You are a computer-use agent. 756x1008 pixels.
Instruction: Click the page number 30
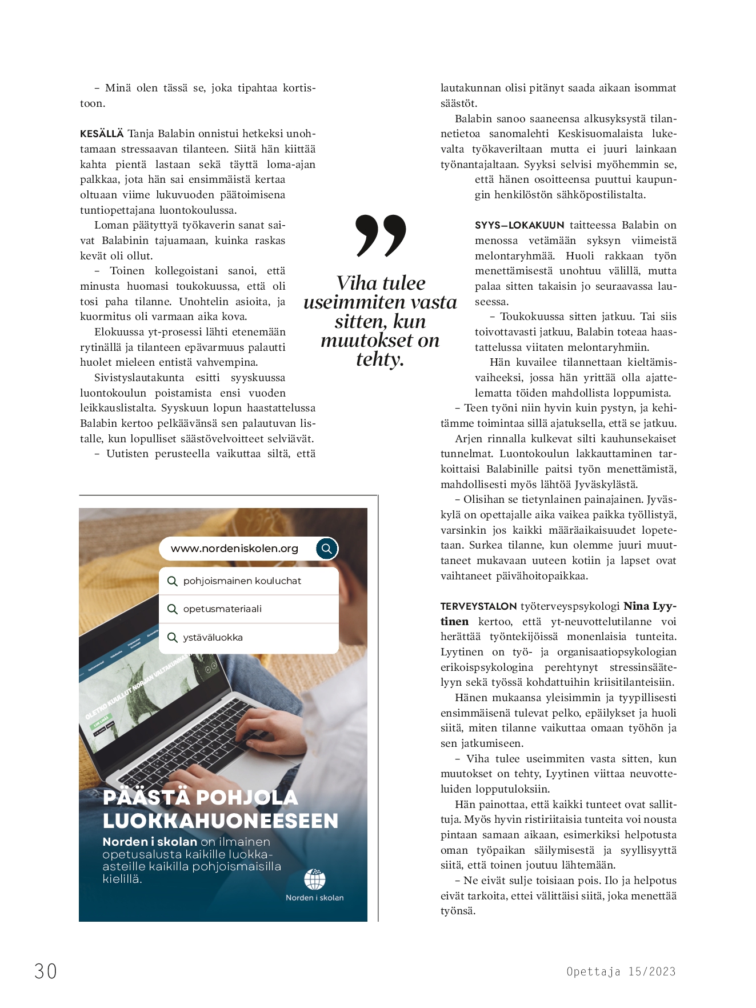(46, 971)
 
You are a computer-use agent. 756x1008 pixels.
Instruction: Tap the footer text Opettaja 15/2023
(621, 971)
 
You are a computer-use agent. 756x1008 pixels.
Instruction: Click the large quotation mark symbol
(381, 235)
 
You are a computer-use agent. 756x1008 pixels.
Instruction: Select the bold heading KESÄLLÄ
(102, 134)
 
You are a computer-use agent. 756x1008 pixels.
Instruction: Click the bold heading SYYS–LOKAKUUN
(519, 225)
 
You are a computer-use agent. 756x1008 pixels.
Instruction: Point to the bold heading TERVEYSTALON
(478, 606)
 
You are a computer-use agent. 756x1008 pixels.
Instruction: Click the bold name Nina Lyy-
(650, 606)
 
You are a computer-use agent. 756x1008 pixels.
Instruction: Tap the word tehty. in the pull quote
(380, 359)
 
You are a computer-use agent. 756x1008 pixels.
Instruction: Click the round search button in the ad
(326, 549)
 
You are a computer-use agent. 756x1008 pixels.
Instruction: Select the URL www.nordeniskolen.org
(234, 549)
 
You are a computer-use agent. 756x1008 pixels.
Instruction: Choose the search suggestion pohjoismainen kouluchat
(242, 581)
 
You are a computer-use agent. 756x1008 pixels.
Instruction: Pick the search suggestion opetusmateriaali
(222, 609)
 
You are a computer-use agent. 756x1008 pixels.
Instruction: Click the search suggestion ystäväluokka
(213, 637)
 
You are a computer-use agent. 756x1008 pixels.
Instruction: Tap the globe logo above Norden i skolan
(315, 879)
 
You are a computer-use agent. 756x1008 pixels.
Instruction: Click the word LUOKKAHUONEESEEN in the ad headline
(221, 821)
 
